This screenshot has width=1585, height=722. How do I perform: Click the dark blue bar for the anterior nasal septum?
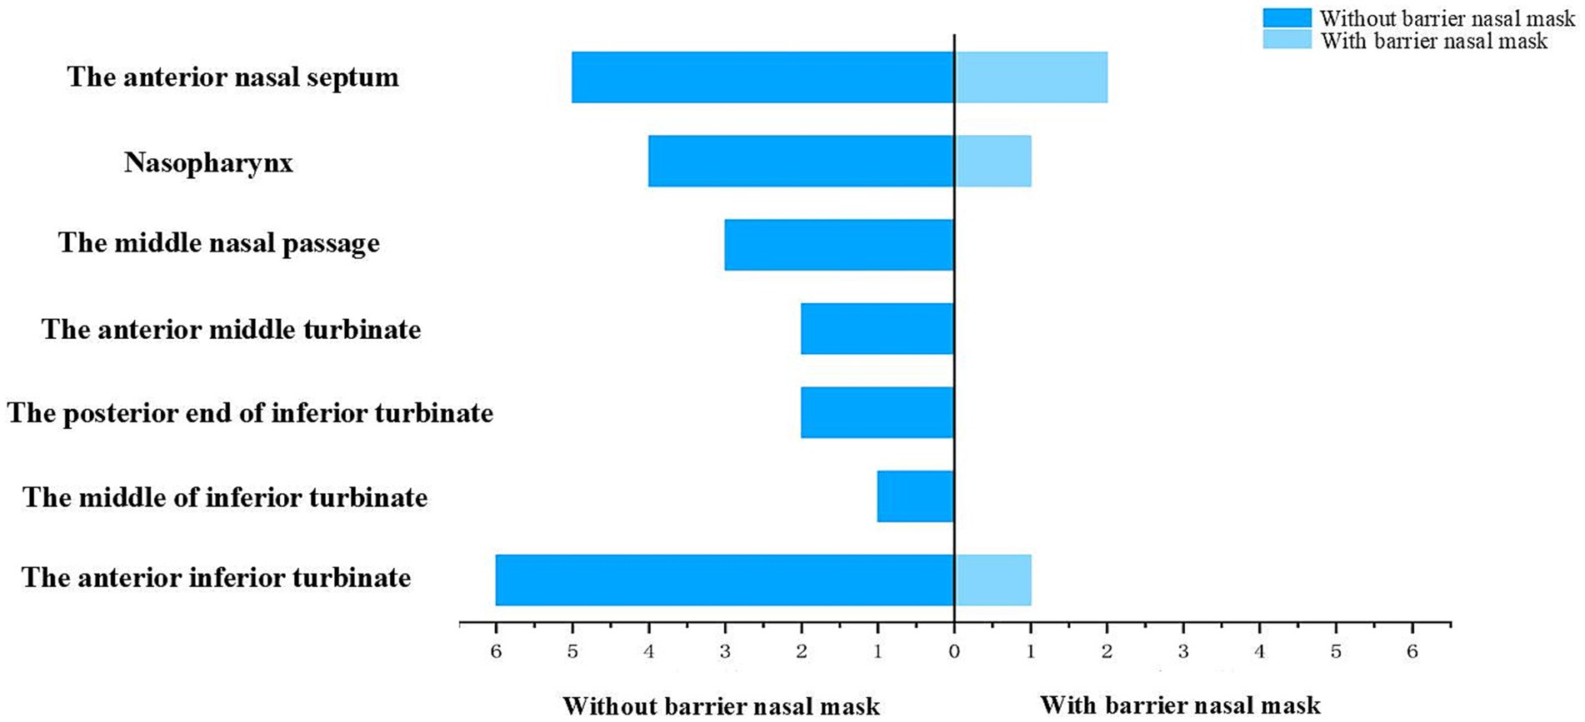pos(762,77)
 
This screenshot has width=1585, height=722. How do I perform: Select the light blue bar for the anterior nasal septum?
pos(1031,77)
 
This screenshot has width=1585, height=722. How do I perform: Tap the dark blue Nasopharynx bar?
pos(801,162)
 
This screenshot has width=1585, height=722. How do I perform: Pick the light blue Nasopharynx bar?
pos(992,162)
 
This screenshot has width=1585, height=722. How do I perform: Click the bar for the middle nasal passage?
pos(839,245)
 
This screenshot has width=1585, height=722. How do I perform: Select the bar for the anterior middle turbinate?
pos(877,329)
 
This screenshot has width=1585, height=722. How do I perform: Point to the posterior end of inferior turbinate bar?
pos(877,412)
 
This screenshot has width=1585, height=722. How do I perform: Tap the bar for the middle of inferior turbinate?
pos(916,496)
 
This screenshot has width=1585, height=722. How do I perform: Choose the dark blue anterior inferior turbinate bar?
pos(725,580)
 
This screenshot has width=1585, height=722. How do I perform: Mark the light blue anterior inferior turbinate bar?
pos(992,580)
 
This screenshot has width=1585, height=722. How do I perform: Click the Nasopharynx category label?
pos(208,162)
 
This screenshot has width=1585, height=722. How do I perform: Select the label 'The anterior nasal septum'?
pos(232,77)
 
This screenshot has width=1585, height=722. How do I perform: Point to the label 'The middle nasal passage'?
pos(218,243)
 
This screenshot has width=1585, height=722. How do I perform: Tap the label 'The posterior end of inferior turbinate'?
pos(250,413)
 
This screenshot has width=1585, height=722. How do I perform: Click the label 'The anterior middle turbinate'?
pos(231,330)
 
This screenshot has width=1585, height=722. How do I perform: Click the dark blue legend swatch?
pos(1287,18)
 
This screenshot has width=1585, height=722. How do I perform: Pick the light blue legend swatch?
pos(1287,39)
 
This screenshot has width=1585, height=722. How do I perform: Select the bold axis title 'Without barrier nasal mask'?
pos(721,706)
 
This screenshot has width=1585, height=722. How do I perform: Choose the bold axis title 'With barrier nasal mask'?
pos(1180,706)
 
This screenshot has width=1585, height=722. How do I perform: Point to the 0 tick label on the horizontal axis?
pos(954,652)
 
